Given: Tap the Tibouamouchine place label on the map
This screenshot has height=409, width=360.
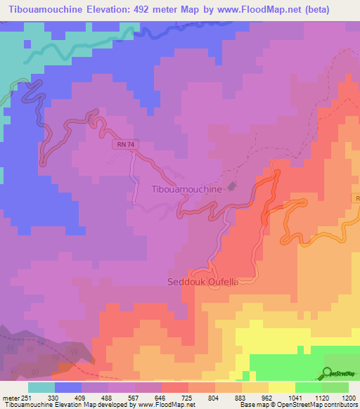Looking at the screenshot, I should [186, 189].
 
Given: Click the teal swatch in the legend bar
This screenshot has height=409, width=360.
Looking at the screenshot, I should [41, 387].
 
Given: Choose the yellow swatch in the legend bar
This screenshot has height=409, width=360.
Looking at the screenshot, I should [281, 387].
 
